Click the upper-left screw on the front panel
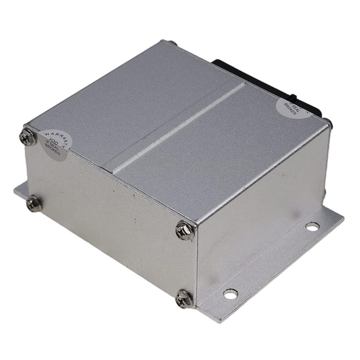click(x=28, y=137)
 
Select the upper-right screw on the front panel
click(x=184, y=231)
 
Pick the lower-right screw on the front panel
click(x=184, y=298)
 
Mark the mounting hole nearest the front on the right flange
click(x=230, y=294)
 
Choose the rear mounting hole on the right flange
click(x=312, y=226)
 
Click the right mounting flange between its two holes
click(x=273, y=260)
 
